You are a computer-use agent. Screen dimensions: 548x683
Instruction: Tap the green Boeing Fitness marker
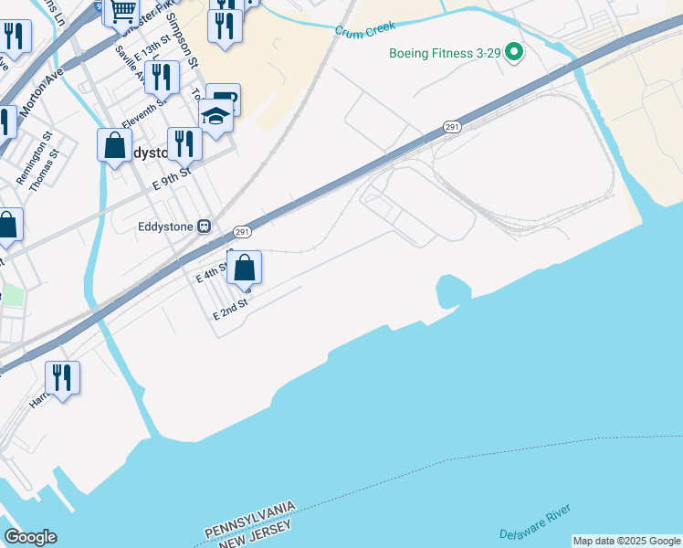tap(513, 53)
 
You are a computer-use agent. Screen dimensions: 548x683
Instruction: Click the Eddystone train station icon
tap(205, 226)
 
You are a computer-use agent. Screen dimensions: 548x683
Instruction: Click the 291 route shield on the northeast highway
tap(452, 128)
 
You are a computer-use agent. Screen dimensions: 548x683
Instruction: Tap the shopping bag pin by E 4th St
tap(244, 268)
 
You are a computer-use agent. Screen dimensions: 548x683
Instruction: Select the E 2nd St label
tap(231, 310)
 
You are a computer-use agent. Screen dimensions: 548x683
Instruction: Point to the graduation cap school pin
tap(216, 117)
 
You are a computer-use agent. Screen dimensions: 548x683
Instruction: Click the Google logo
tap(30, 537)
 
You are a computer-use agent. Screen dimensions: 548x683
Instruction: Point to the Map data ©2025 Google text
tap(626, 541)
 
